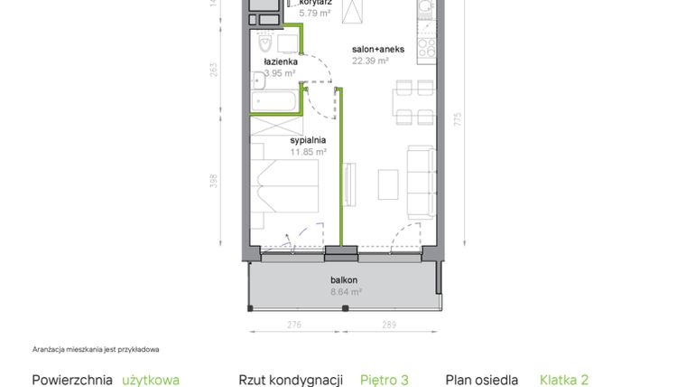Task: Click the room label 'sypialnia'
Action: click(x=308, y=140)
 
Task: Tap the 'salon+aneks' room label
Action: click(x=375, y=50)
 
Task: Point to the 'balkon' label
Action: click(x=345, y=280)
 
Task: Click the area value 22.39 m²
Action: click(x=370, y=61)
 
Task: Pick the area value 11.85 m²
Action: click(x=308, y=152)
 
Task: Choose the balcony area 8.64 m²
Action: click(x=346, y=292)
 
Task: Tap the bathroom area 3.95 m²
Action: click(x=280, y=73)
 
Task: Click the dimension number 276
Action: click(x=293, y=324)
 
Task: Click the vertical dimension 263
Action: click(x=214, y=71)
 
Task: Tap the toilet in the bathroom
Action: click(x=266, y=42)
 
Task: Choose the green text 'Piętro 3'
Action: click(x=385, y=381)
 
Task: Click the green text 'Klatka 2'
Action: click(x=564, y=381)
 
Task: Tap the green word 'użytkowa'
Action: click(x=151, y=381)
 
